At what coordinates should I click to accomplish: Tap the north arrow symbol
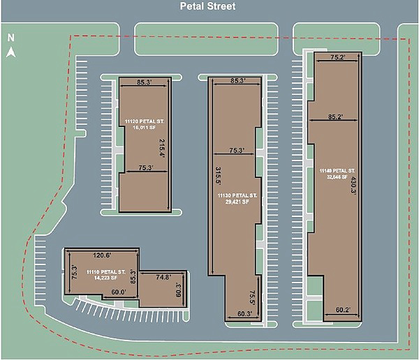tap(10, 51)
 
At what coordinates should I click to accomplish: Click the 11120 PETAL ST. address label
tap(144, 121)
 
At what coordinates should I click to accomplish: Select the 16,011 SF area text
tap(145, 128)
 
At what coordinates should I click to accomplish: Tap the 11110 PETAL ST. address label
tap(105, 271)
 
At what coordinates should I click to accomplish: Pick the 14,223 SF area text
tap(105, 278)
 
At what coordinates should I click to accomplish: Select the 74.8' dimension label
tap(164, 277)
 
